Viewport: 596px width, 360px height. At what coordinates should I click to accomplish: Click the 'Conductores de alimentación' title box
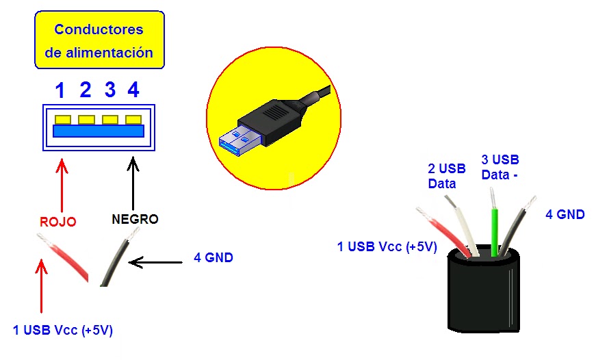(x=99, y=40)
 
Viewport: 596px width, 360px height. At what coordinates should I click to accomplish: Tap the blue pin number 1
(x=61, y=90)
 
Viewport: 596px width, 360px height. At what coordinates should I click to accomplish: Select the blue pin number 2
(x=86, y=90)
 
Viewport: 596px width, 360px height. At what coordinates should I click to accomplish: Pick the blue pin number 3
(x=110, y=90)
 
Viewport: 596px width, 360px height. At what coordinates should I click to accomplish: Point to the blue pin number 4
(x=133, y=90)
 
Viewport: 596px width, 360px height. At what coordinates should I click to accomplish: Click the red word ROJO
(x=57, y=222)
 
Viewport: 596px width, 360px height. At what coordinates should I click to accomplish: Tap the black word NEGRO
(x=135, y=220)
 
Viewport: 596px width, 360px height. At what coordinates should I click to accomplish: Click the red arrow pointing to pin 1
(x=62, y=185)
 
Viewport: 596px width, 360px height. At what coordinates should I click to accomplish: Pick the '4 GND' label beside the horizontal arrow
(x=213, y=258)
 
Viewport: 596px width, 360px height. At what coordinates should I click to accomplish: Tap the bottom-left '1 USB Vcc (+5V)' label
(x=62, y=331)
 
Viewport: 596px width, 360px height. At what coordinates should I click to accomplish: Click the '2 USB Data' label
(x=447, y=176)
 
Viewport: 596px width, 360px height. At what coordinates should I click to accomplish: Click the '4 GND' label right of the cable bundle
(x=565, y=215)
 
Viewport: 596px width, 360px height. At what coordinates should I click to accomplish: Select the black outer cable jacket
(x=482, y=294)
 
